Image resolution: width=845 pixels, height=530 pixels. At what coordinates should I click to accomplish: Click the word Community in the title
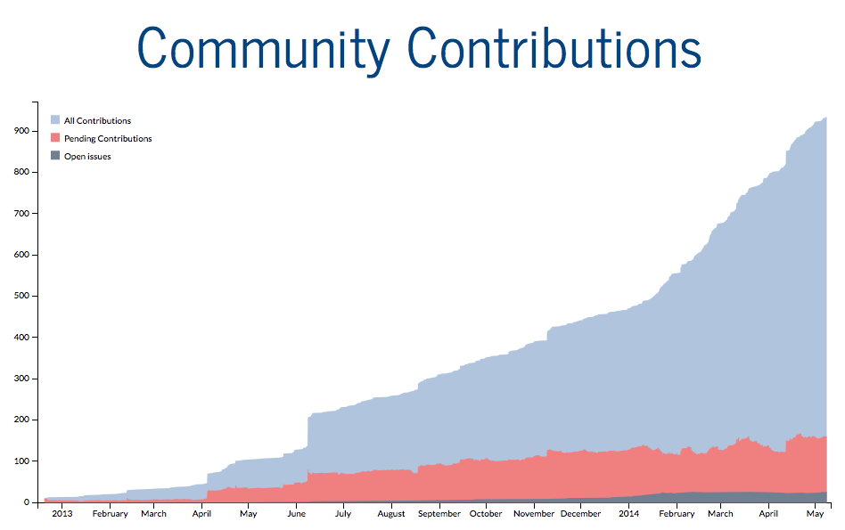[x=264, y=49]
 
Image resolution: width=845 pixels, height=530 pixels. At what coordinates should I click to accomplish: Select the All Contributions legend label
[x=97, y=121]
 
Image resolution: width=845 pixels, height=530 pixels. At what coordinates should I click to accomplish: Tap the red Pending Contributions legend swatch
[x=55, y=138]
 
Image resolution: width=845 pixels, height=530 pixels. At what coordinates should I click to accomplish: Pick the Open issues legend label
[x=87, y=157]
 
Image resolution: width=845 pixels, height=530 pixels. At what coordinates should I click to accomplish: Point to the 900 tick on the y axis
[x=21, y=131]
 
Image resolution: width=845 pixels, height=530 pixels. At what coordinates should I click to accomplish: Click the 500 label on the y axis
[x=21, y=296]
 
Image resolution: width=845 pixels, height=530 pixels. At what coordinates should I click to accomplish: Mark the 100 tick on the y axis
[x=21, y=461]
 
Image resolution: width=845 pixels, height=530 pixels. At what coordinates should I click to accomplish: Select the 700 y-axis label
[x=21, y=214]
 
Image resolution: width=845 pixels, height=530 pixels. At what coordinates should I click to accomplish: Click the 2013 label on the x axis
[x=62, y=514]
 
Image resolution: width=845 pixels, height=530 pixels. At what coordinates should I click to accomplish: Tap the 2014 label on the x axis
[x=628, y=514]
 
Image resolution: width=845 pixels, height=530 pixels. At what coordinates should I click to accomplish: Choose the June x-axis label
[x=296, y=514]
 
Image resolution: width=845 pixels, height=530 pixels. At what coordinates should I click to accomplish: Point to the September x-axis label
[x=439, y=514]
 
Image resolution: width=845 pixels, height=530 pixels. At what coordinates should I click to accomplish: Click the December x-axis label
[x=580, y=514]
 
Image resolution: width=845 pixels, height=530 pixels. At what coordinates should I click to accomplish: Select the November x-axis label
[x=535, y=514]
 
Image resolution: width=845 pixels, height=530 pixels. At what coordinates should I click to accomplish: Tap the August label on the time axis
[x=391, y=514]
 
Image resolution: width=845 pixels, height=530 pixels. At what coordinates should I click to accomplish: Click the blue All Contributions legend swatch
[x=55, y=120]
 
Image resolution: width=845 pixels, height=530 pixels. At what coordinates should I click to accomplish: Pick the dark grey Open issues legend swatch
[x=55, y=156]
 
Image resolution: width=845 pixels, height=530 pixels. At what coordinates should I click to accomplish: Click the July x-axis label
[x=342, y=514]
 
